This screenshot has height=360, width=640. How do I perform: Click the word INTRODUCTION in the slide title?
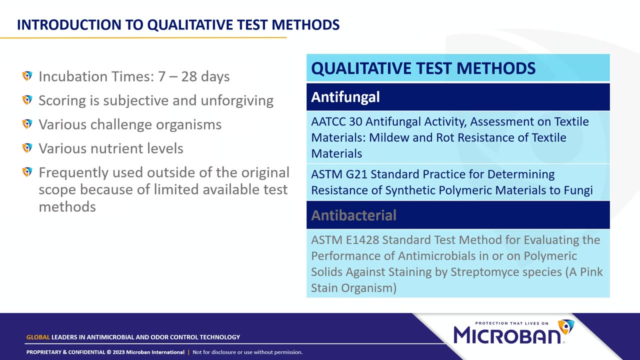pos(69,24)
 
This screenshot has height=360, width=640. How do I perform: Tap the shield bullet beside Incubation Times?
pos(27,76)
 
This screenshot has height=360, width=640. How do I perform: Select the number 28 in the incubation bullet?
pos(189,76)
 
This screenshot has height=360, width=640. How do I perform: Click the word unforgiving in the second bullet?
pos(237,101)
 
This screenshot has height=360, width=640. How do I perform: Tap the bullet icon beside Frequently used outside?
pos(27,172)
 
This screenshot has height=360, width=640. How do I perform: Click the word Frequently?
pos(73,173)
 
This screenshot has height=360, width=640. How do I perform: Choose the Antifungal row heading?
pos(345,97)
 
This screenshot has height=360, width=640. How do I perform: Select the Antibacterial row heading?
pos(353,215)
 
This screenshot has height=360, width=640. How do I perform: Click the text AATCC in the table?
pos(328,121)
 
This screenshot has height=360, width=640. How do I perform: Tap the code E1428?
pos(362,240)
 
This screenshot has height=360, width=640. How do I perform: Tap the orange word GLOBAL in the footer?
pos(38,337)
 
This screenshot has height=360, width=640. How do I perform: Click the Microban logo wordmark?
pos(507,335)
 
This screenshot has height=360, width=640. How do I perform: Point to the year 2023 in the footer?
pos(118,352)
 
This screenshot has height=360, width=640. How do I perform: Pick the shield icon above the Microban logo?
pos(566,327)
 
